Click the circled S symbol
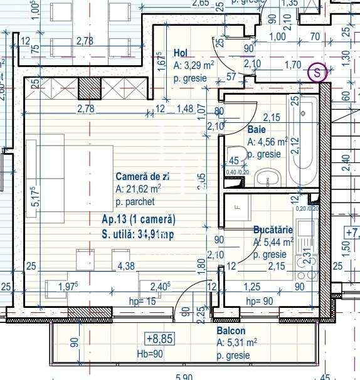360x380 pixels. pyautogui.click(x=318, y=73)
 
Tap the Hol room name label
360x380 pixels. pyautogui.click(x=181, y=53)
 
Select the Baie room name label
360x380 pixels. pyautogui.click(x=257, y=129)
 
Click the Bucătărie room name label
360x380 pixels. pyautogui.click(x=273, y=230)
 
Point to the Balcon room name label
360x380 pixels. pyautogui.click(x=231, y=330)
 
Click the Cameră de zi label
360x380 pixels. pyautogui.click(x=142, y=177)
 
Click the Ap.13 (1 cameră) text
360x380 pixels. pyautogui.click(x=138, y=219)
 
